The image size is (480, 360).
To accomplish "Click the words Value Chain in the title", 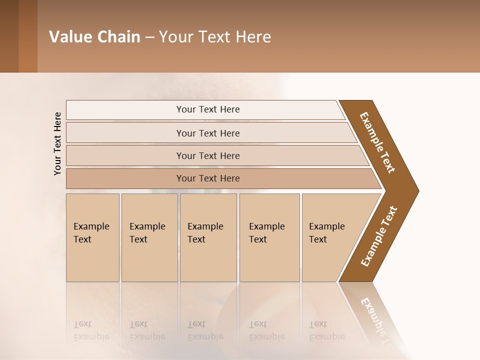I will click(94, 37).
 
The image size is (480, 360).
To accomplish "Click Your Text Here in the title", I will click(215, 37).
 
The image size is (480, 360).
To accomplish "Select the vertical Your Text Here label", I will click(57, 143).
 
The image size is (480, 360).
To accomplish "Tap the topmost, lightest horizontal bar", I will click(207, 109).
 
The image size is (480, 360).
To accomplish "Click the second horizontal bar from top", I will click(207, 133).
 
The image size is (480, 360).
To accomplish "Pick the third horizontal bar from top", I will click(207, 155).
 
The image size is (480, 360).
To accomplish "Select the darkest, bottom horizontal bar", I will click(207, 178).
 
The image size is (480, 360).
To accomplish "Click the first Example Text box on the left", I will click(92, 237).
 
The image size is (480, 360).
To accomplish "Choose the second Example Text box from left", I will click(149, 237).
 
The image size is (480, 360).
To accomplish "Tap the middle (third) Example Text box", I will click(207, 237).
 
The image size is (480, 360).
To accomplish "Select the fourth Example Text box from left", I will click(269, 237).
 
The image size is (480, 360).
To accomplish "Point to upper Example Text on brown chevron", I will click(377, 142).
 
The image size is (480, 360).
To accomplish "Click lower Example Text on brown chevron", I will click(379, 236).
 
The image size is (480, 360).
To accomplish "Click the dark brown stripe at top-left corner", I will click(9, 36).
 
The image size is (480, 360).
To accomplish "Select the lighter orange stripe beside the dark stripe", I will click(28, 36).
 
